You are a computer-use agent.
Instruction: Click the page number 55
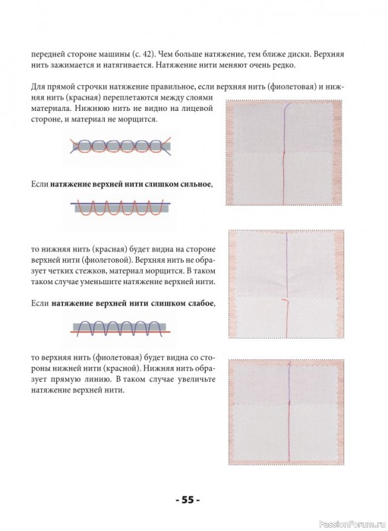click(x=188, y=500)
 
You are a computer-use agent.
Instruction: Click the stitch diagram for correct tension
click(x=121, y=147)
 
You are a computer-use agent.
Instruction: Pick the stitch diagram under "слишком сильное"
click(x=121, y=208)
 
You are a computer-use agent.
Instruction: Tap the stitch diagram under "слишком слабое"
click(x=121, y=328)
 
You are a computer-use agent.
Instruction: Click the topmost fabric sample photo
click(x=285, y=153)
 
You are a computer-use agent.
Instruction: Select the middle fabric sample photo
click(x=286, y=284)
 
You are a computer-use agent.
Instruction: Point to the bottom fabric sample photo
click(x=286, y=412)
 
